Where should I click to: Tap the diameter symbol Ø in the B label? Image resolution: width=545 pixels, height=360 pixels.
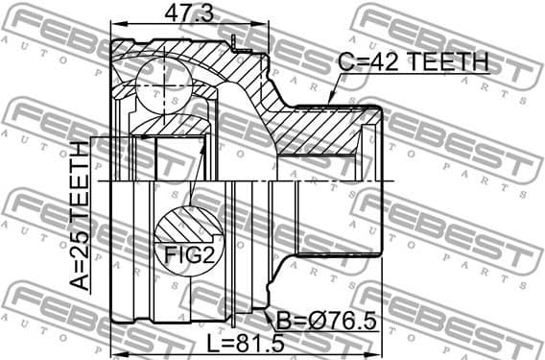305,320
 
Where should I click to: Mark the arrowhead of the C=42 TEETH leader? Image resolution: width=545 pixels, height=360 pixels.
329,101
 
